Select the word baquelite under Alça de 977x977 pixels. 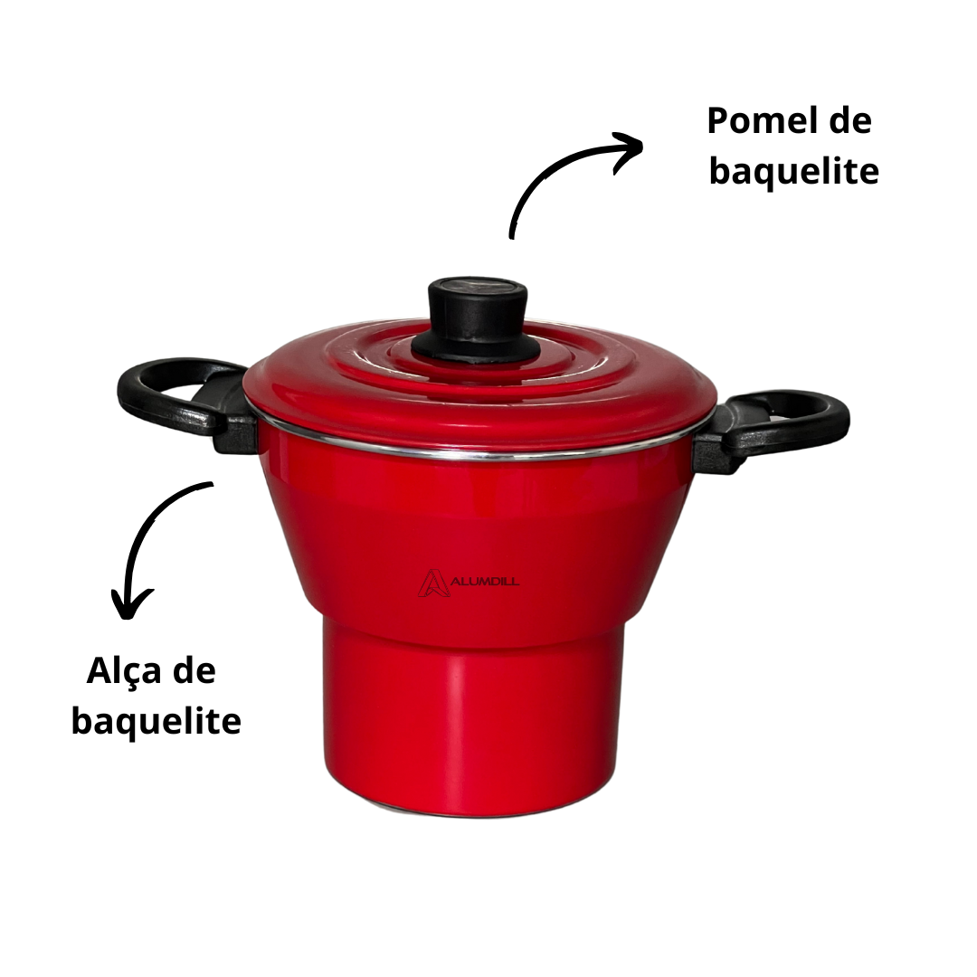pyautogui.click(x=156, y=720)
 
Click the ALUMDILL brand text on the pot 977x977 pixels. pyautogui.click(x=485, y=582)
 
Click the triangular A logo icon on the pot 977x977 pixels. pyautogui.click(x=432, y=583)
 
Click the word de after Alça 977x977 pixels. pyautogui.click(x=194, y=671)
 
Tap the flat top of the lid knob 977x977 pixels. pyautogui.click(x=478, y=288)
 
